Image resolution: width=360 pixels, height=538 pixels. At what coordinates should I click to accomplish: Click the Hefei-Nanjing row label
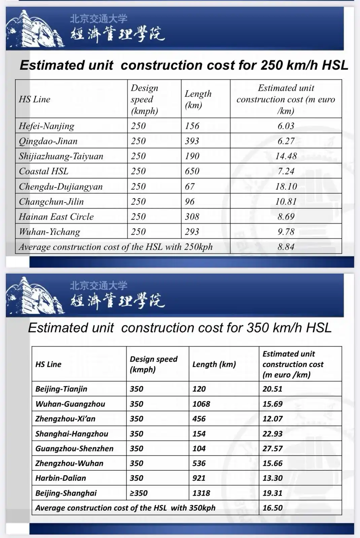(x=46, y=126)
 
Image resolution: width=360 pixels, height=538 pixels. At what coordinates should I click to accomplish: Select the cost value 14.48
(x=286, y=156)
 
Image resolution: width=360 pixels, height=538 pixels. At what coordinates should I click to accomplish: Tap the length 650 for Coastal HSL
(x=192, y=171)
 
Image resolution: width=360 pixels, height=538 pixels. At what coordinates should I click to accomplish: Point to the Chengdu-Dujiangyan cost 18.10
(x=286, y=186)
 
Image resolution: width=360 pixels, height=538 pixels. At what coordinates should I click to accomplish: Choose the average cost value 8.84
(x=286, y=247)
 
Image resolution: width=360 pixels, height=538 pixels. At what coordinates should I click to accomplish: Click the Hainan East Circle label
(x=56, y=217)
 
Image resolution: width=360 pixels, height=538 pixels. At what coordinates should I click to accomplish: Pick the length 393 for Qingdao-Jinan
(x=192, y=141)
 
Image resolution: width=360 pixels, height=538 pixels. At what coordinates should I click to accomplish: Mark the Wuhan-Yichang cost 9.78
(x=286, y=232)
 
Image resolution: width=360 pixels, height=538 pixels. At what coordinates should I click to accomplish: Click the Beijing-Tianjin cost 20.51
(x=273, y=389)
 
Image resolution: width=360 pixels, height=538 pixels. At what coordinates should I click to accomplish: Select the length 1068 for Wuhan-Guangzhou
(x=201, y=404)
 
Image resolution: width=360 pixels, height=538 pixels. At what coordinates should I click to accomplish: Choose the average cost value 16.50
(x=273, y=508)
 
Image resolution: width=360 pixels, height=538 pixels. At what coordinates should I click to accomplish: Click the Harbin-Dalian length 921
(x=199, y=478)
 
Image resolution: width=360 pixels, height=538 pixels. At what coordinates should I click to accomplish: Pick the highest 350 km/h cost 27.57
(x=273, y=449)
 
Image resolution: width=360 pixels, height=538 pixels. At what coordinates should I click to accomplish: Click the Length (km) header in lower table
(x=214, y=364)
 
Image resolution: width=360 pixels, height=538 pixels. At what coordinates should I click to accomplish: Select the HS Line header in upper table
(x=34, y=99)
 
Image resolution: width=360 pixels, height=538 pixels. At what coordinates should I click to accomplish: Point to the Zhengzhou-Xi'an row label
(x=65, y=419)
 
